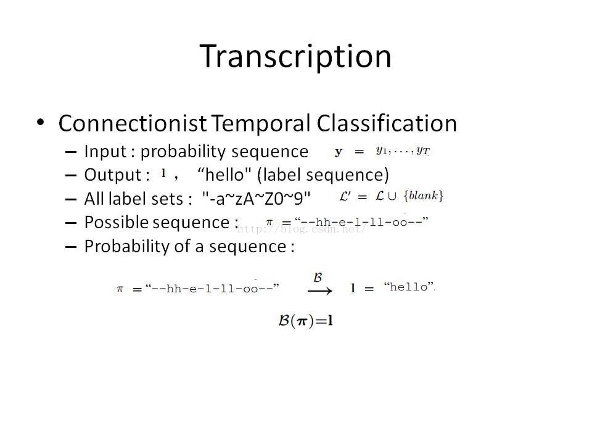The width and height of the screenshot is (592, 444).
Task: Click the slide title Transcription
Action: [x=295, y=57]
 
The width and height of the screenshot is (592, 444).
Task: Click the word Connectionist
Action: [x=133, y=123]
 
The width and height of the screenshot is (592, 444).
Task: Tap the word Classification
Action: [x=387, y=123]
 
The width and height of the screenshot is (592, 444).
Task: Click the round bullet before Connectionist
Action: [x=41, y=122]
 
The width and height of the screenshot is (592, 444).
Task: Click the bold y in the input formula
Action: [x=339, y=152]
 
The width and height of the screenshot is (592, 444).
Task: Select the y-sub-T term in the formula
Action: [x=423, y=151]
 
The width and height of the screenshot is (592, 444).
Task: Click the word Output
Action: [x=112, y=175]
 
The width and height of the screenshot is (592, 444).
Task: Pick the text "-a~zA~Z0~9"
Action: [x=257, y=199]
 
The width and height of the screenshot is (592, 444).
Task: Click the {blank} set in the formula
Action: [x=423, y=196]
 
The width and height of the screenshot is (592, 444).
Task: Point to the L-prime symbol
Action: [x=345, y=196]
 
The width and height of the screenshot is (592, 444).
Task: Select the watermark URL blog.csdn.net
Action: [x=302, y=229]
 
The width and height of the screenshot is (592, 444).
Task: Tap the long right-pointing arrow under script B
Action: [x=320, y=290]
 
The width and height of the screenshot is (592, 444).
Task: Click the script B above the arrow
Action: [x=318, y=277]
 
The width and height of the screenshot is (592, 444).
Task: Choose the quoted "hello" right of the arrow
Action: [x=409, y=287]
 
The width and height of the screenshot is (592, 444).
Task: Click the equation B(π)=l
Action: [x=305, y=321]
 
